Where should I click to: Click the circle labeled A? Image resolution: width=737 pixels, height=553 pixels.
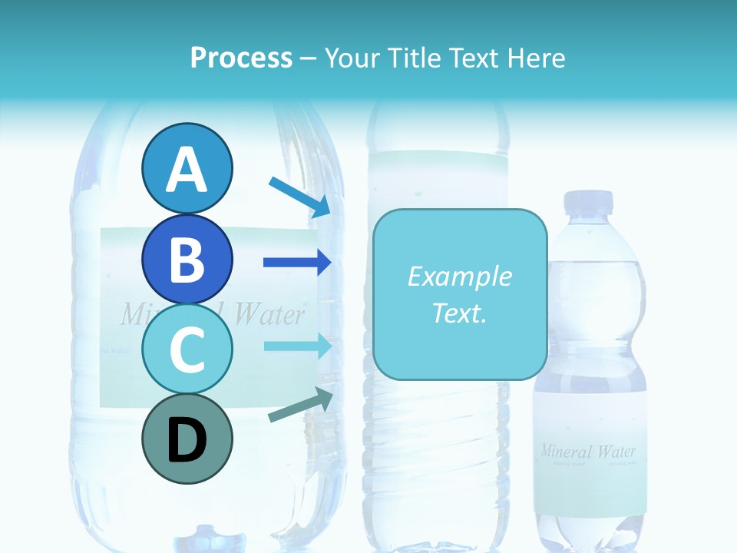[187, 169]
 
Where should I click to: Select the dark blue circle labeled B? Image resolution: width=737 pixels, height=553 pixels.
[187, 259]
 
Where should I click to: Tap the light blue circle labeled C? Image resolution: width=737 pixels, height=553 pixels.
[187, 349]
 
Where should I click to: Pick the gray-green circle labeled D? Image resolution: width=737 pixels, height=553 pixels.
[187, 439]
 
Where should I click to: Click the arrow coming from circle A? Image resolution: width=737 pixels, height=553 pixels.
[300, 196]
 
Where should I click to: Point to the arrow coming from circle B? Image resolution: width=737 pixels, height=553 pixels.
[297, 263]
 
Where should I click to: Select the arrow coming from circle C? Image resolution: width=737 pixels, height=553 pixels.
[297, 346]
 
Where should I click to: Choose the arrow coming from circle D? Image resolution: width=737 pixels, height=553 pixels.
[300, 406]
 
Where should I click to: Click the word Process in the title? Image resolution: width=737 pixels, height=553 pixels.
[241, 58]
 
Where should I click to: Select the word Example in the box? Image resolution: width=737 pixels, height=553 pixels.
[459, 276]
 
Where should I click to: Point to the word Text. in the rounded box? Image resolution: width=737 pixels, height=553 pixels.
[459, 313]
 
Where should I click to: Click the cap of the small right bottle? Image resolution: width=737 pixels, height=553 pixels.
[589, 202]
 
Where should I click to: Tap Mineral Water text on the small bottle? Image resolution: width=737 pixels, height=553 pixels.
[588, 451]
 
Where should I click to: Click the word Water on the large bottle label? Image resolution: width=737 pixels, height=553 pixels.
[269, 314]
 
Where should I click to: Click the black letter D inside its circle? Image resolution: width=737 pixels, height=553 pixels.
[187, 440]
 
